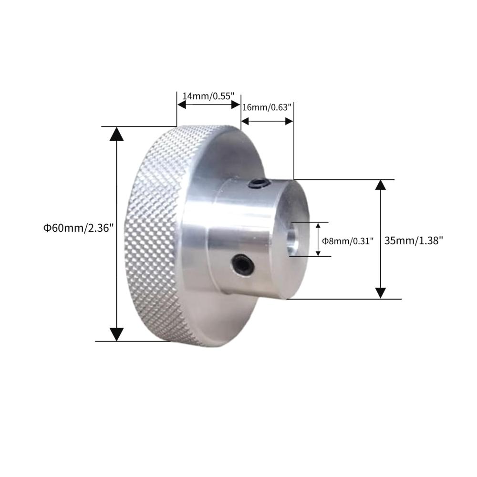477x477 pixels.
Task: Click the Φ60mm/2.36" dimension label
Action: coord(79,228)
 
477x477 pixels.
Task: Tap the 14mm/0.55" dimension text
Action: coord(208,96)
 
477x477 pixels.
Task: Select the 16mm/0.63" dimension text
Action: coord(267,107)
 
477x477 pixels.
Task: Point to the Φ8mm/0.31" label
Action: coord(347,241)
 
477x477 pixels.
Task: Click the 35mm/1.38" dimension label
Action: coord(414,240)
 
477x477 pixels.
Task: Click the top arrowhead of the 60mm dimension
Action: coord(116,134)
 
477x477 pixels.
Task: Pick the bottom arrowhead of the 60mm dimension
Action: coord(116,334)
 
